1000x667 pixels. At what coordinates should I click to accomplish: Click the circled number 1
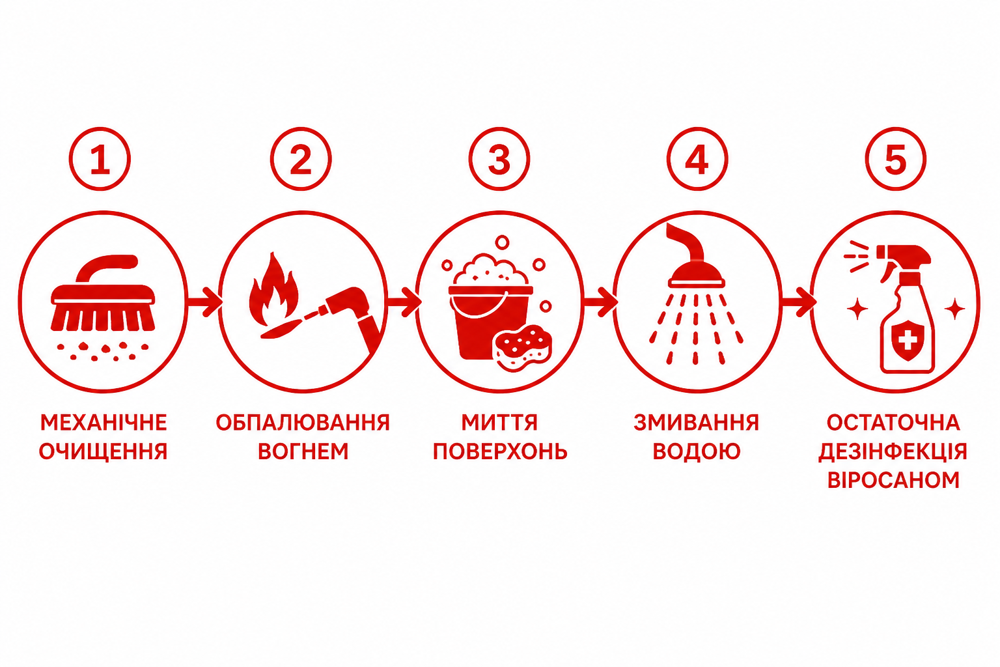pos(100,159)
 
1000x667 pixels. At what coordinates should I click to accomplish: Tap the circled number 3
pos(499,159)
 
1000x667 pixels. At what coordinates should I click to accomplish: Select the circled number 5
pos(896,159)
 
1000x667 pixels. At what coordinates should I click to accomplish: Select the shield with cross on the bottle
pos(907,342)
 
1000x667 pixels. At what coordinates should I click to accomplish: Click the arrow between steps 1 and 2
pos(204,302)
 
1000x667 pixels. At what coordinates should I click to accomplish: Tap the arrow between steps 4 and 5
pos(799,302)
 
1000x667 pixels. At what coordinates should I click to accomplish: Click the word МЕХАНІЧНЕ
pos(104,423)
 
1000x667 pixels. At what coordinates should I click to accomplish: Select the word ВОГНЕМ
pos(303,451)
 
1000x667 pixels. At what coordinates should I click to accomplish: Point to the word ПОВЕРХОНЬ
pos(500,451)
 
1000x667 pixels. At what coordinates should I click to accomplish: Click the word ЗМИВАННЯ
pos(697,423)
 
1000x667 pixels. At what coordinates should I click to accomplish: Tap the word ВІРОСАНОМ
pos(893,480)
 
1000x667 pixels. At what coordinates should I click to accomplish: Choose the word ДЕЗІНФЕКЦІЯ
pos(893,451)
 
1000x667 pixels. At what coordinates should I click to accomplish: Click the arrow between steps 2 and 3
pos(404,302)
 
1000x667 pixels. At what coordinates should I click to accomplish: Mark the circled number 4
pos(697,159)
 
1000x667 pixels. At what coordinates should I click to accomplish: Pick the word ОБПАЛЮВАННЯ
pos(303,423)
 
